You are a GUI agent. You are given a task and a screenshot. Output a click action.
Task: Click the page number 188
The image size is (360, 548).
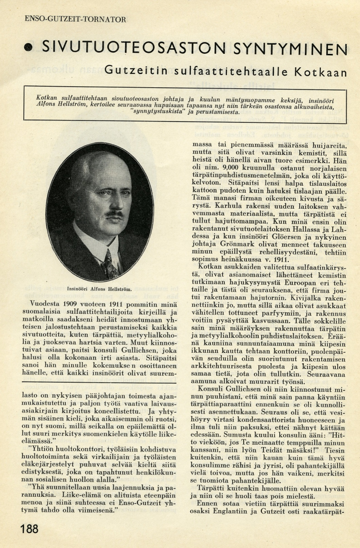coord(29,529)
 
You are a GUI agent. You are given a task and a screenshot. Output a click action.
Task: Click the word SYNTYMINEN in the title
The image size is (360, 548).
coord(294,47)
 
